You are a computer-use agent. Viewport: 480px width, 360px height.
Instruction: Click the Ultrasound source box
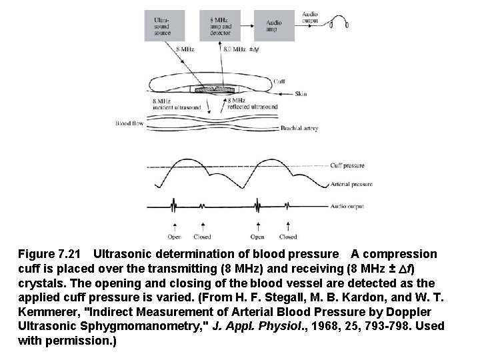pyautogui.click(x=163, y=27)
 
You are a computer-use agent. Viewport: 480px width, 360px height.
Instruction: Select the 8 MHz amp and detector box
pyautogui.click(x=222, y=27)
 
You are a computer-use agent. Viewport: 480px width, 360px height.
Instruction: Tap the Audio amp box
pyautogui.click(x=275, y=27)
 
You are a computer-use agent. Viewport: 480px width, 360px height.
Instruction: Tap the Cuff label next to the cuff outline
pyautogui.click(x=281, y=82)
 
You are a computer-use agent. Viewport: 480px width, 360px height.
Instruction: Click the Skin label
pyautogui.click(x=301, y=95)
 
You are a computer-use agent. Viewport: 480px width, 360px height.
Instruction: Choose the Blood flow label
pyautogui.click(x=127, y=123)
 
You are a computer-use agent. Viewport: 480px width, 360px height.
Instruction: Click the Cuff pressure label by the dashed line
pyautogui.click(x=347, y=165)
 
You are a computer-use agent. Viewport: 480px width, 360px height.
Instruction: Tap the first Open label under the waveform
pyautogui.click(x=175, y=236)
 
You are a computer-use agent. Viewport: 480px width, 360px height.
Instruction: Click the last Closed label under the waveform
pyautogui.click(x=288, y=236)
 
